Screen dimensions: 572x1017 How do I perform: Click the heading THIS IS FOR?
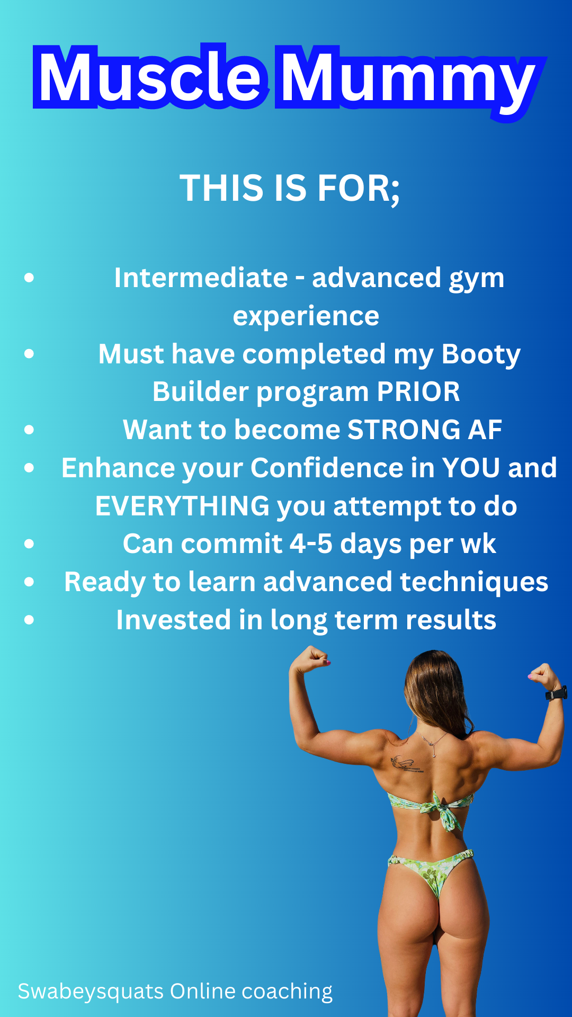click(x=290, y=189)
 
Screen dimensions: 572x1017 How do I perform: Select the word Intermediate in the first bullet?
click(x=201, y=278)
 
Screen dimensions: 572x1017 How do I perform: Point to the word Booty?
click(x=481, y=355)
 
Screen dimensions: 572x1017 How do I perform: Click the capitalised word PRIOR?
click(x=418, y=392)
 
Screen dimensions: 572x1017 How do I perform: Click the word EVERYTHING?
click(x=182, y=506)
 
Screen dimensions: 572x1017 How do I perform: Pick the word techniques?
click(x=474, y=583)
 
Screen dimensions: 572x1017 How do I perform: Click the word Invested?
click(x=174, y=620)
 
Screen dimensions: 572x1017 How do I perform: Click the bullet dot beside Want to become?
click(x=29, y=430)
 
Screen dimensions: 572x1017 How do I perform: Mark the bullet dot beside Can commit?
click(x=29, y=544)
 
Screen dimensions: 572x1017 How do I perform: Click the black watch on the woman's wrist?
click(x=556, y=693)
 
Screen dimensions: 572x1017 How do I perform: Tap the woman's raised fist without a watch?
click(x=311, y=659)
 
